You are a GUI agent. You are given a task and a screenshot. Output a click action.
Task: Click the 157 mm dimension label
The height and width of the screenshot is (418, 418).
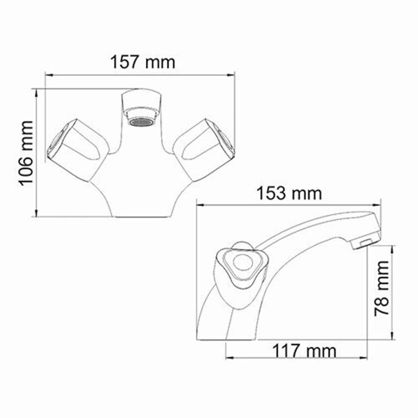pyautogui.click(x=142, y=62)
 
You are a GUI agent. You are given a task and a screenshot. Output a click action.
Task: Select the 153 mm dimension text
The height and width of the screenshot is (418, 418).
pyautogui.click(x=288, y=193)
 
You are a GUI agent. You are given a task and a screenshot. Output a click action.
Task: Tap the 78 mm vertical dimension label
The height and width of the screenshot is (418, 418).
pyautogui.click(x=384, y=295)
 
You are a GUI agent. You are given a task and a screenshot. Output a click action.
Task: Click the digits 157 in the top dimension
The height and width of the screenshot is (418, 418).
pyautogui.click(x=125, y=62)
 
